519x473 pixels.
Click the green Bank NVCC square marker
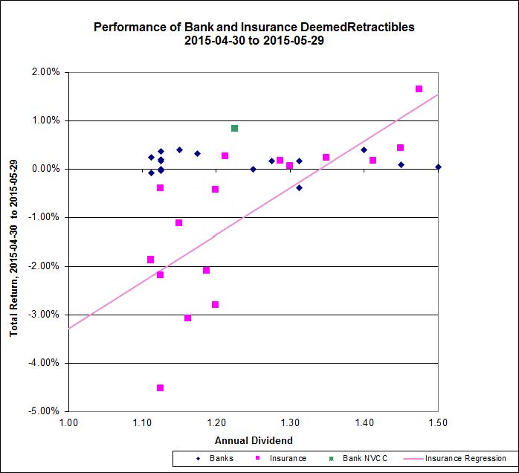pyautogui.click(x=234, y=128)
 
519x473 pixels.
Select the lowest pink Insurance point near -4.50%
pyautogui.click(x=160, y=387)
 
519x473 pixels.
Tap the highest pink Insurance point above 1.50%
pyautogui.click(x=419, y=89)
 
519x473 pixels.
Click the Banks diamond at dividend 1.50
pyautogui.click(x=438, y=167)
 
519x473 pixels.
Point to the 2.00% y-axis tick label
pyautogui.click(x=47, y=72)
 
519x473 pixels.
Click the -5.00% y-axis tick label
pyautogui.click(x=45, y=411)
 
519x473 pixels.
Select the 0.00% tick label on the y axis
pyautogui.click(x=47, y=169)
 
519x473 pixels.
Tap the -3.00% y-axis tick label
pyautogui.click(x=45, y=315)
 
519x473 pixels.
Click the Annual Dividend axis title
pyautogui.click(x=254, y=440)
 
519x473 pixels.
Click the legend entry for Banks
pyautogui.click(x=215, y=459)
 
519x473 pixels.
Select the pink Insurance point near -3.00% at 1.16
pyautogui.click(x=187, y=318)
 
